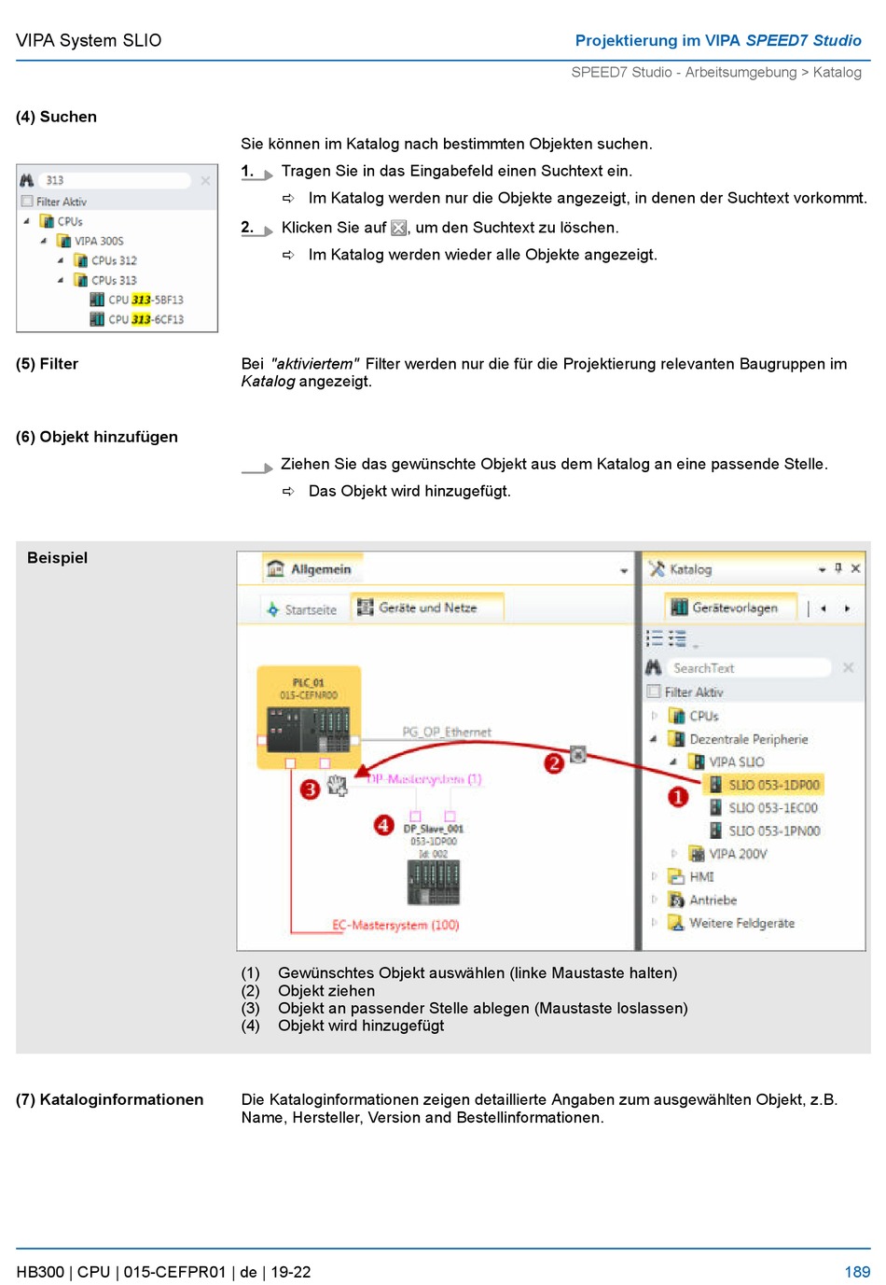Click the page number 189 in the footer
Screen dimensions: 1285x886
tap(856, 1272)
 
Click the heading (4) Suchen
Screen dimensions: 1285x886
tap(56, 117)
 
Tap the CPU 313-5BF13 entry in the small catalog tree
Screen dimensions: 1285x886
tap(145, 300)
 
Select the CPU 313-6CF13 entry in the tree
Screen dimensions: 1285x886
tap(145, 319)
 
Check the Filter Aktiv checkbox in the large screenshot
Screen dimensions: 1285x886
tap(654, 691)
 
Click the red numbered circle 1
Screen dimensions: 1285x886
tap(678, 797)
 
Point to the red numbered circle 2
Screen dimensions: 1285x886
tap(554, 763)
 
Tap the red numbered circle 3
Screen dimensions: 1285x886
tap(310, 789)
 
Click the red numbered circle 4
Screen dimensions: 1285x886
tap(383, 825)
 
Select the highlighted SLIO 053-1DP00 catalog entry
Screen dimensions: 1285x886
tap(773, 785)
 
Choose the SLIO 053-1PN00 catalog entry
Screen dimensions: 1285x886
tap(774, 831)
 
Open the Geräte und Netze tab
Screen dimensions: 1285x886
tap(427, 608)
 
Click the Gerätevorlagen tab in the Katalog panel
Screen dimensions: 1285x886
tap(733, 608)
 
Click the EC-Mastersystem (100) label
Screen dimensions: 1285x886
tap(395, 925)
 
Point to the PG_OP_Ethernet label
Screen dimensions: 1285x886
tap(447, 732)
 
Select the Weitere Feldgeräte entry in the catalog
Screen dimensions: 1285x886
tap(741, 923)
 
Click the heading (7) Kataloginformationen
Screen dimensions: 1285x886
tap(109, 1099)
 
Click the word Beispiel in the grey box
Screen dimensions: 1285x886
tap(57, 557)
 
